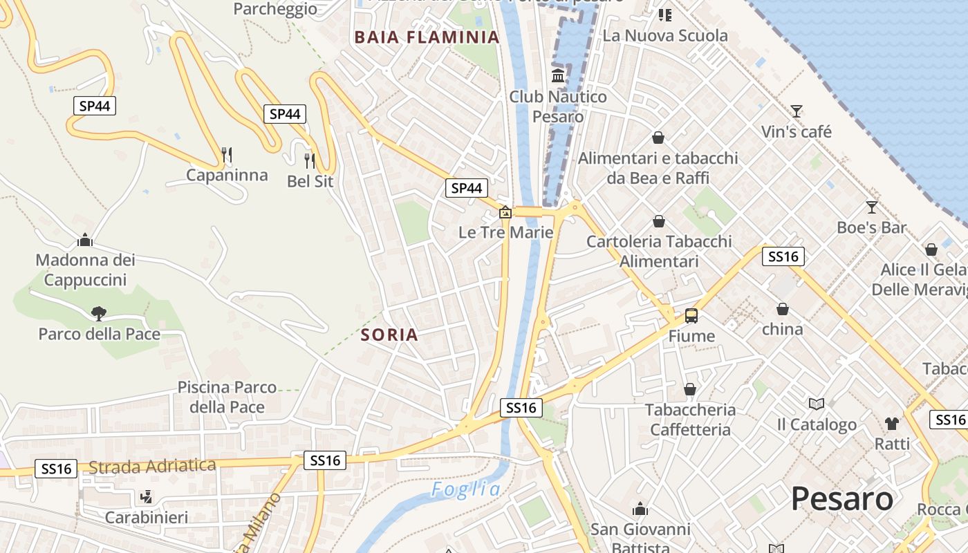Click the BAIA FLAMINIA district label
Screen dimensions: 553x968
[x=427, y=37]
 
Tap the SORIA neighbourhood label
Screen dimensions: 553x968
[x=389, y=335]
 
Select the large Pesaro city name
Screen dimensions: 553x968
[x=842, y=498]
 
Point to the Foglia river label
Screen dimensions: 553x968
[x=466, y=489]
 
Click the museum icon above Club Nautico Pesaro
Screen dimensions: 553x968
[x=558, y=75]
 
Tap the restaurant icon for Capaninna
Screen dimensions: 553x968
[x=227, y=153]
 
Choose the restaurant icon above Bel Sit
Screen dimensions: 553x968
[x=310, y=160]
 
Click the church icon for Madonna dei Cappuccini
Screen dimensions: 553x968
[x=85, y=240]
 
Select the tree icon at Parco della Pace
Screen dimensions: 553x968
[x=99, y=313]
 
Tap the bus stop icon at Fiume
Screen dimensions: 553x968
[x=691, y=316]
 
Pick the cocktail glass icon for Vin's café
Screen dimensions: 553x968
[x=797, y=111]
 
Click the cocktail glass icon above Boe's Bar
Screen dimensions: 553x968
[x=871, y=207]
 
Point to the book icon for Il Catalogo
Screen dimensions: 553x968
[x=817, y=404]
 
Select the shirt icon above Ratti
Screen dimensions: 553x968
[x=892, y=423]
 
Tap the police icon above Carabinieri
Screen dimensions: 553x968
[x=146, y=496]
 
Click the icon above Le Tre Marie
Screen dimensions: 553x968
[x=505, y=212]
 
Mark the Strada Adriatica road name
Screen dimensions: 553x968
[x=152, y=467]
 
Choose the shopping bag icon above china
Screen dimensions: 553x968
[x=782, y=309]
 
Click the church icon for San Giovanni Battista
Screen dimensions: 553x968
[x=640, y=509]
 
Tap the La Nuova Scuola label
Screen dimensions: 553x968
[x=665, y=35]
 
